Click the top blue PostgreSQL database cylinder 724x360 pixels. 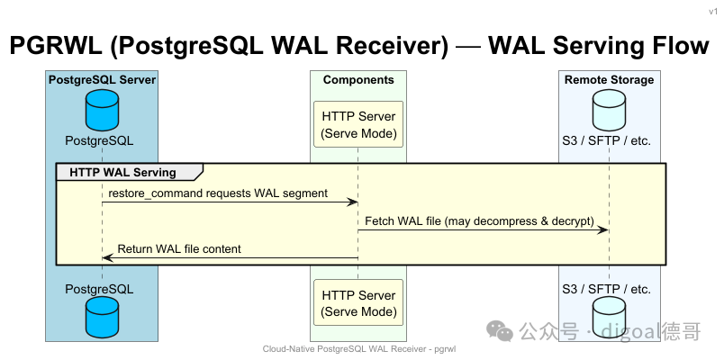tap(102, 111)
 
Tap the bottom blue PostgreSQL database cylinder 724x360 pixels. tap(102, 317)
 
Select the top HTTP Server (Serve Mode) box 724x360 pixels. tap(358, 124)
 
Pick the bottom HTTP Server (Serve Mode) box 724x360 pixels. tap(358, 302)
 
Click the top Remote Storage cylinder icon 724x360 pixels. tap(609, 111)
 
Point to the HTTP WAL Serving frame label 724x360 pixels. tap(122, 173)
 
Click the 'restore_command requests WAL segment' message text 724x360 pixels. tap(218, 193)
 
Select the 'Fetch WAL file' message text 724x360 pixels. tap(479, 221)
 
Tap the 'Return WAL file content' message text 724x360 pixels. tap(179, 248)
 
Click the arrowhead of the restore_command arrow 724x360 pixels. tap(353, 202)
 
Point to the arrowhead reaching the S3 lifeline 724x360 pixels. tap(603, 229)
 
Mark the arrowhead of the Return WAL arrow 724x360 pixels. tap(108, 257)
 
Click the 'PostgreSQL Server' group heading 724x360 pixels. tap(102, 80)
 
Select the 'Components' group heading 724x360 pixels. tap(358, 80)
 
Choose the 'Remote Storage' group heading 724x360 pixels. tap(609, 80)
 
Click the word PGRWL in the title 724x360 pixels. tap(56, 46)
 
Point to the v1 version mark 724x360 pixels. tap(713, 12)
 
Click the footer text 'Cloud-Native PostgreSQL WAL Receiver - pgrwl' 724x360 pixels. tap(358, 349)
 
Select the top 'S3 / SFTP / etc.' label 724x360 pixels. tap(606, 140)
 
